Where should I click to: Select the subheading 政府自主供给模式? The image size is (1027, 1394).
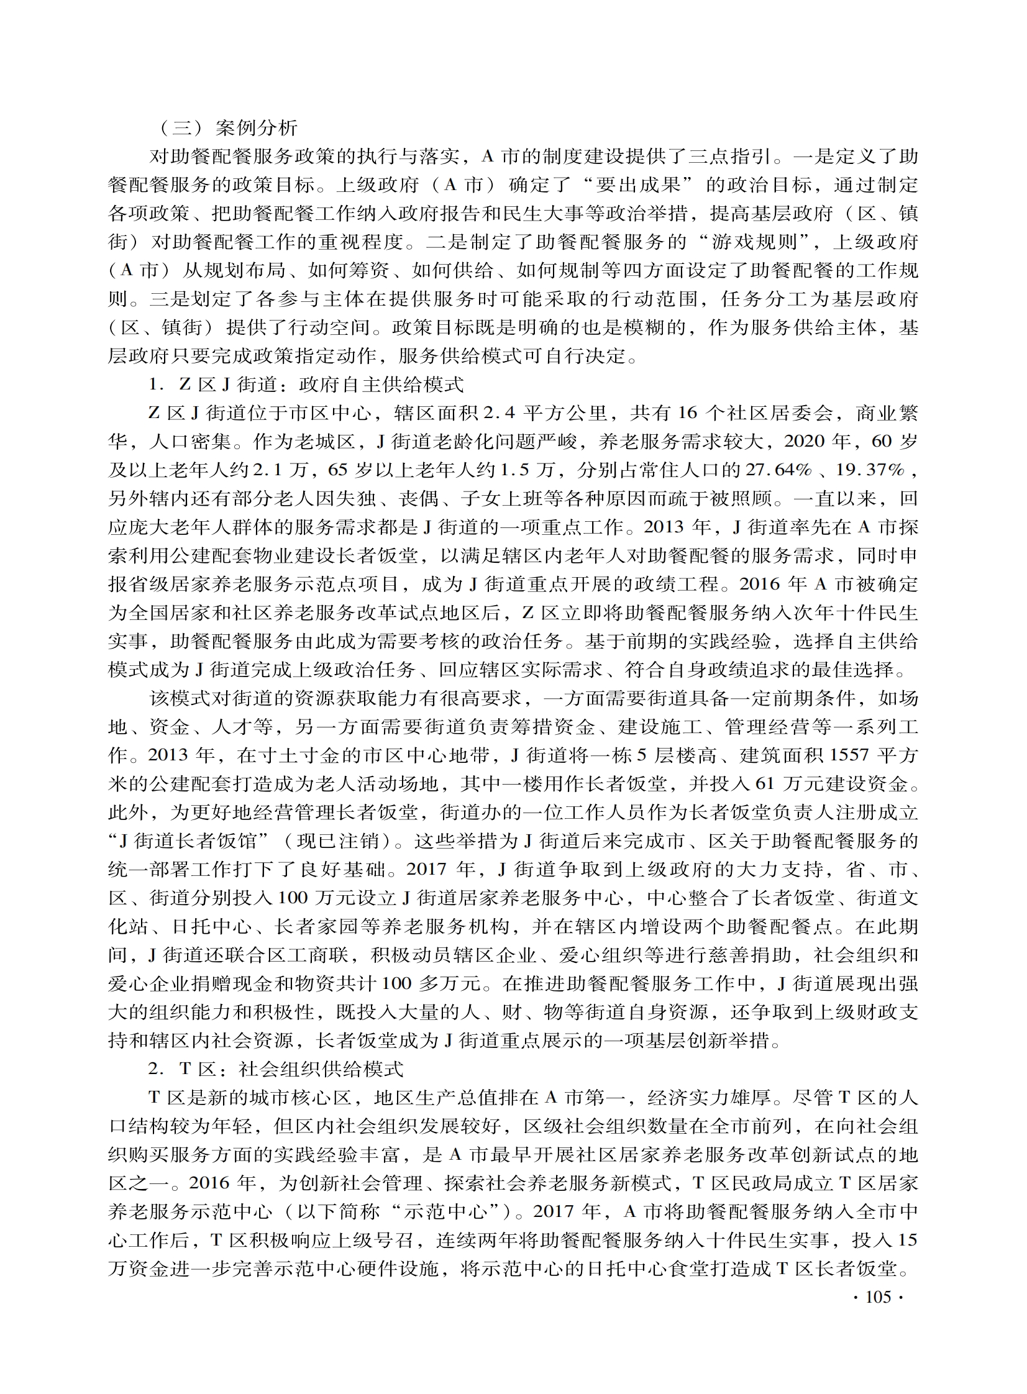coord(380,385)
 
